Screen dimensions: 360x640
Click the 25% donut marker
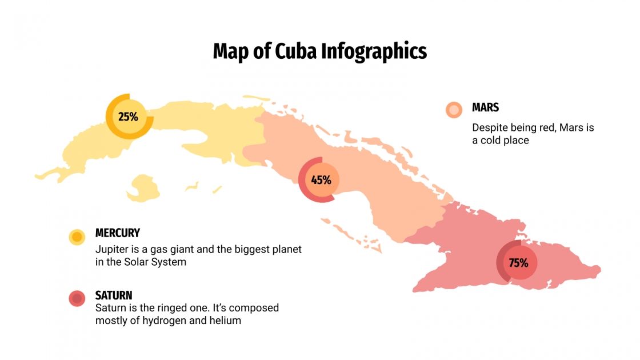pyautogui.click(x=129, y=117)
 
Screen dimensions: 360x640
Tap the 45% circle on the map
pyautogui.click(x=321, y=180)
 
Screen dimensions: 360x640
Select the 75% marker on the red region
pyautogui.click(x=518, y=263)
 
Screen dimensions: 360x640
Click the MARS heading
pyautogui.click(x=485, y=107)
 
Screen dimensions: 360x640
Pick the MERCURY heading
pyautogui.click(x=117, y=233)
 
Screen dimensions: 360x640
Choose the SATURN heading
pyautogui.click(x=114, y=295)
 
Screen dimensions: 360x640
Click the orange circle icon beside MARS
pyautogui.click(x=454, y=110)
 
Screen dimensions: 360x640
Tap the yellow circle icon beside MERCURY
pyautogui.click(x=77, y=237)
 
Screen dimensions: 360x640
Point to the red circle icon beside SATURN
pyautogui.click(x=77, y=298)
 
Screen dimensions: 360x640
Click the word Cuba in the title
pyautogui.click(x=295, y=51)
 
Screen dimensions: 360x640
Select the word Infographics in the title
pyautogui.click(x=374, y=51)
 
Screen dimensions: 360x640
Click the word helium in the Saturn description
pyautogui.click(x=225, y=321)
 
